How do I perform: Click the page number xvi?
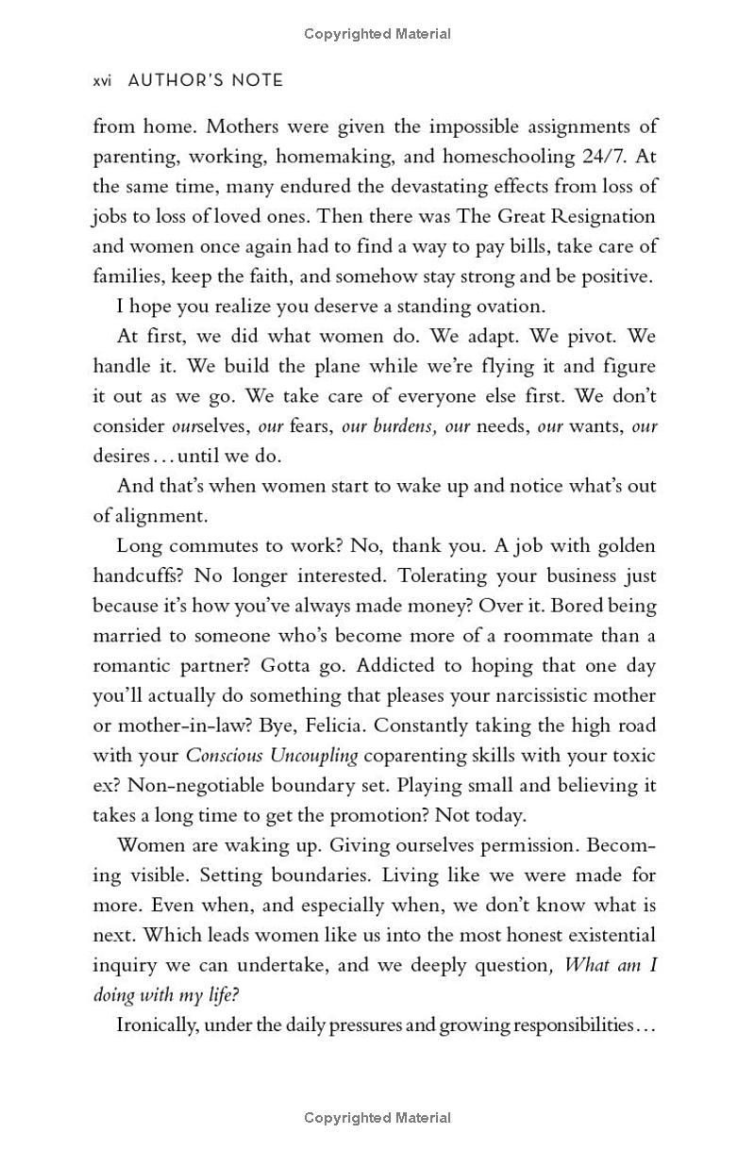(x=103, y=81)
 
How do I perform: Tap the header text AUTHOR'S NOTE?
(x=205, y=81)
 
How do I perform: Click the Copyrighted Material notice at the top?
(x=377, y=34)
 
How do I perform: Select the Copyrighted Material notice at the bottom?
(x=377, y=1118)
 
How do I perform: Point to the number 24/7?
(x=609, y=157)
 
